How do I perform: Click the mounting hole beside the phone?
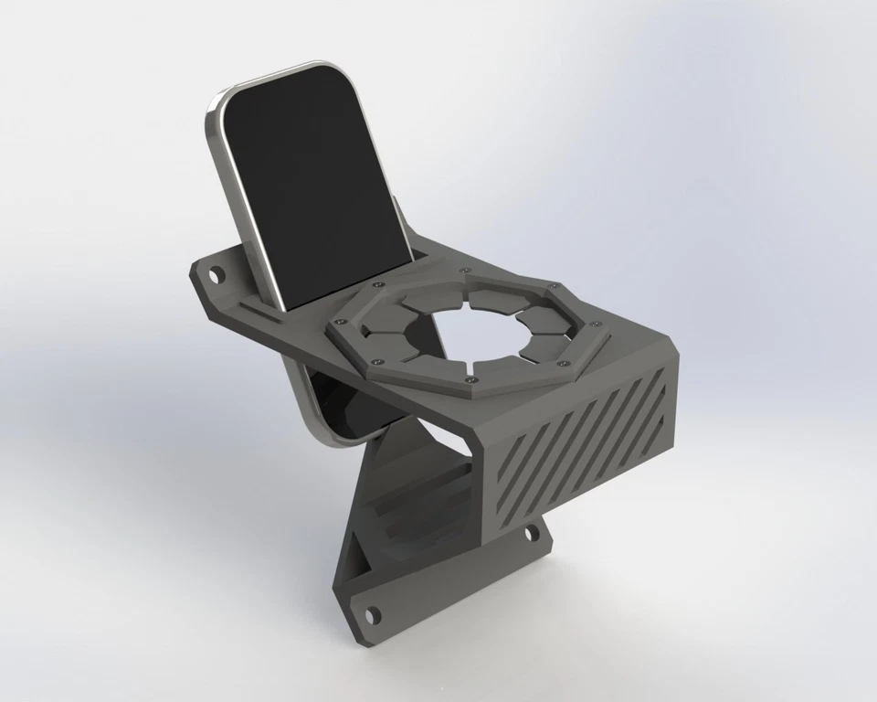pos(217,272)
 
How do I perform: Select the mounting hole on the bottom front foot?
pos(370,614)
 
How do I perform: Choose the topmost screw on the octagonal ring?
pos(465,271)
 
